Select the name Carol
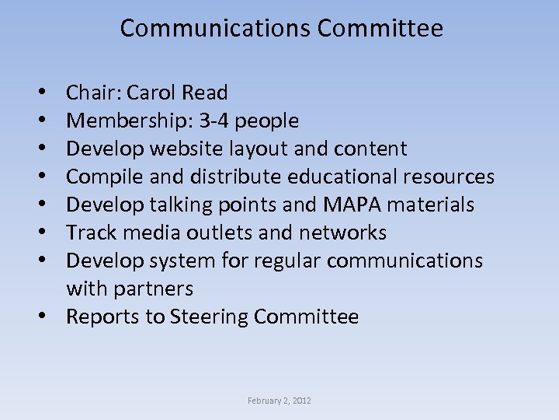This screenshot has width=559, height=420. [x=151, y=93]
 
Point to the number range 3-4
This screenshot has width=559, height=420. [x=214, y=121]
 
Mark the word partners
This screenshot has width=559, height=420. [x=153, y=289]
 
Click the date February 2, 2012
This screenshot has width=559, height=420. [x=279, y=401]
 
